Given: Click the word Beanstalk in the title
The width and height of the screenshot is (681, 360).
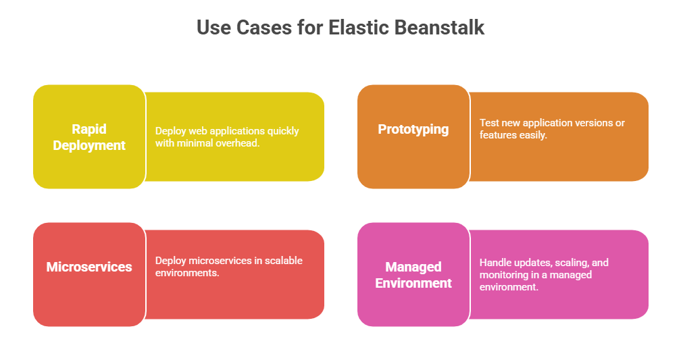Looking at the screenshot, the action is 439,28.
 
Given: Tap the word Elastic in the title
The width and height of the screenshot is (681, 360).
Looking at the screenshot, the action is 358,28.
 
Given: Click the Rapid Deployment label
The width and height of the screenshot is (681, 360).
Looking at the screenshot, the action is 89,137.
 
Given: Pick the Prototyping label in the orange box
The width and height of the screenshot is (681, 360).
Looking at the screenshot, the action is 413,130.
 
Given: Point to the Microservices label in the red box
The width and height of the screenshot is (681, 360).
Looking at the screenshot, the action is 89,267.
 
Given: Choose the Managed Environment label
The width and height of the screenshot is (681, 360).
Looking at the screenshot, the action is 413,275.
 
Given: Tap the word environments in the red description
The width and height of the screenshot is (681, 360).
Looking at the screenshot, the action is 187,273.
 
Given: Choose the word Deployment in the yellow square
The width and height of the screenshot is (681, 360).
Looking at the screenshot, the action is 89,145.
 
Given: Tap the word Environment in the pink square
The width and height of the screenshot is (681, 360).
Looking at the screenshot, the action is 413,283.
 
